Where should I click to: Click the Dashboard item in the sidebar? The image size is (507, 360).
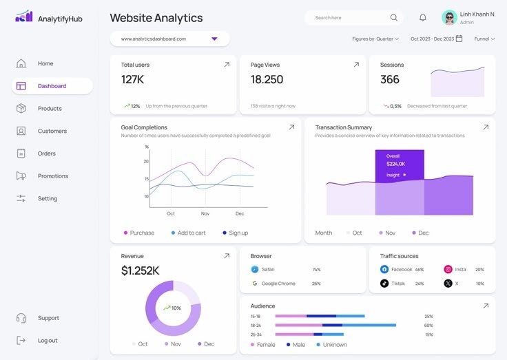pos(52,86)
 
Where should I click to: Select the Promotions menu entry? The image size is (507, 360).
pos(52,176)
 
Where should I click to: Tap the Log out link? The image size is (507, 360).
pos(48,341)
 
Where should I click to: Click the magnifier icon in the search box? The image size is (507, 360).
pos(394,18)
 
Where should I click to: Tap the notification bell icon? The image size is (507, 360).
pos(423,18)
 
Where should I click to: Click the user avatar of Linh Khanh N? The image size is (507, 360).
pos(449,18)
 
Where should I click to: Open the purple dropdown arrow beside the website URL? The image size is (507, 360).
pos(214,39)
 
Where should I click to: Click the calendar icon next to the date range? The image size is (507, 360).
pos(459,39)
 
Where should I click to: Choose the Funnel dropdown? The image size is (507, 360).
pos(484,39)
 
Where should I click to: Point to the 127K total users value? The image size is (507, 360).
pos(132,79)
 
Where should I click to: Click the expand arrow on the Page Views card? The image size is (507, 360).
pos(356,65)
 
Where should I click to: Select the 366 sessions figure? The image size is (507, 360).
pos(390,79)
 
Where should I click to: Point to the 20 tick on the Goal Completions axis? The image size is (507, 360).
pos(146,161)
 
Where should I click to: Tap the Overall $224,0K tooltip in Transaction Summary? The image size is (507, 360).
pos(399,165)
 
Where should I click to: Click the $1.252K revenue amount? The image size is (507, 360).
pos(140,271)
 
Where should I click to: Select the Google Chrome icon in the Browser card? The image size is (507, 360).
pos(254,284)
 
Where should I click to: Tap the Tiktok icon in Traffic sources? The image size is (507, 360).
pos(384,284)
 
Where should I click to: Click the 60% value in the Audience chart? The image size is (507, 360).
pos(428,326)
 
